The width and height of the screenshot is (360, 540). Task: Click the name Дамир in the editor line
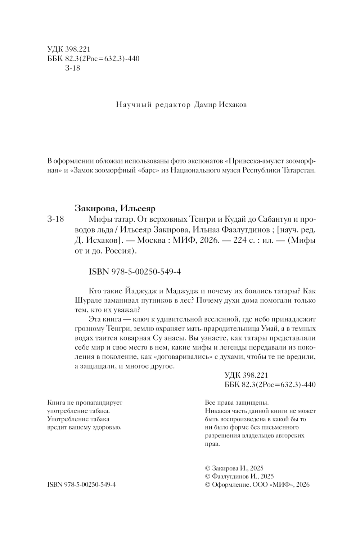pos(205,105)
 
